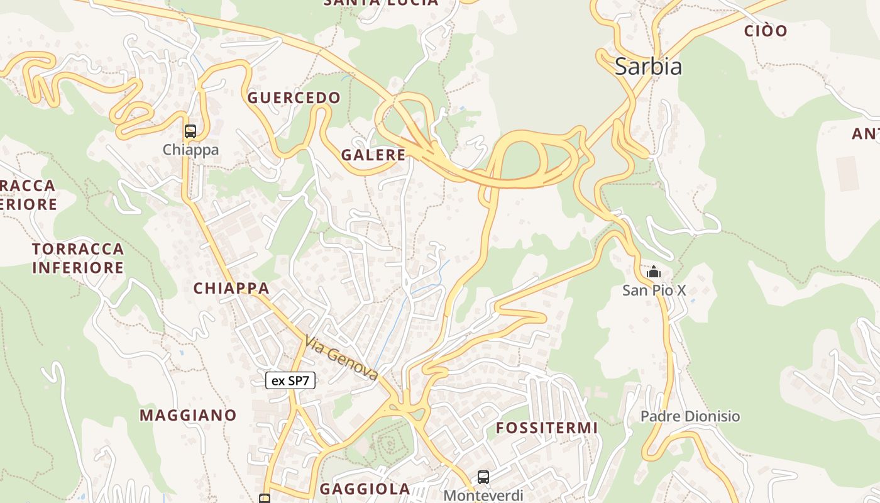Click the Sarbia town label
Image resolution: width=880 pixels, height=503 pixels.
(x=648, y=66)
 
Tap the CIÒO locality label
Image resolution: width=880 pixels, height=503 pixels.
(x=765, y=30)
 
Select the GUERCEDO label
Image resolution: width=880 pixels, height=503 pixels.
(x=294, y=97)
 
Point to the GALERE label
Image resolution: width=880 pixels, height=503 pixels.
(x=373, y=155)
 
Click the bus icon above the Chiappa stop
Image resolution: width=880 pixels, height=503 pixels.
(x=190, y=131)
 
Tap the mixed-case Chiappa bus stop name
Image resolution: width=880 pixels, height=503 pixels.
(x=190, y=150)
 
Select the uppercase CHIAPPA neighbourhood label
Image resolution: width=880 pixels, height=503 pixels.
(x=231, y=288)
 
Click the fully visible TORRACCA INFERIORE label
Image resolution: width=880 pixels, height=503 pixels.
(x=78, y=258)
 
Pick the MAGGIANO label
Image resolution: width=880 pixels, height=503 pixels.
(x=188, y=415)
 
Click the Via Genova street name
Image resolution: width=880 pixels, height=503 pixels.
(x=341, y=358)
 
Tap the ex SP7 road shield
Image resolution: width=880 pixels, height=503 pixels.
(x=290, y=380)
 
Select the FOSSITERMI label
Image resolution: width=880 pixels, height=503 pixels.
(x=546, y=428)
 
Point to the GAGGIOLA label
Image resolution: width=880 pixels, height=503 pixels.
(x=365, y=489)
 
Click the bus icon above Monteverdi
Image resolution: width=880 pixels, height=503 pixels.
(x=483, y=477)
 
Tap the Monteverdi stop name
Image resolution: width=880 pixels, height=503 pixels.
(x=483, y=495)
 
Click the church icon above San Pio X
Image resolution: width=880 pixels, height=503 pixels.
(x=654, y=272)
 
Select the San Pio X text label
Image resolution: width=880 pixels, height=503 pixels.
(x=654, y=290)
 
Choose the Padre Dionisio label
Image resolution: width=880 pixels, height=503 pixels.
(x=690, y=416)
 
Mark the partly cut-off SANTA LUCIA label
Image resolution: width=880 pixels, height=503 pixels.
(x=380, y=3)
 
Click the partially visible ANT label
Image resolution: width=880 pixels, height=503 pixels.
(x=865, y=133)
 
